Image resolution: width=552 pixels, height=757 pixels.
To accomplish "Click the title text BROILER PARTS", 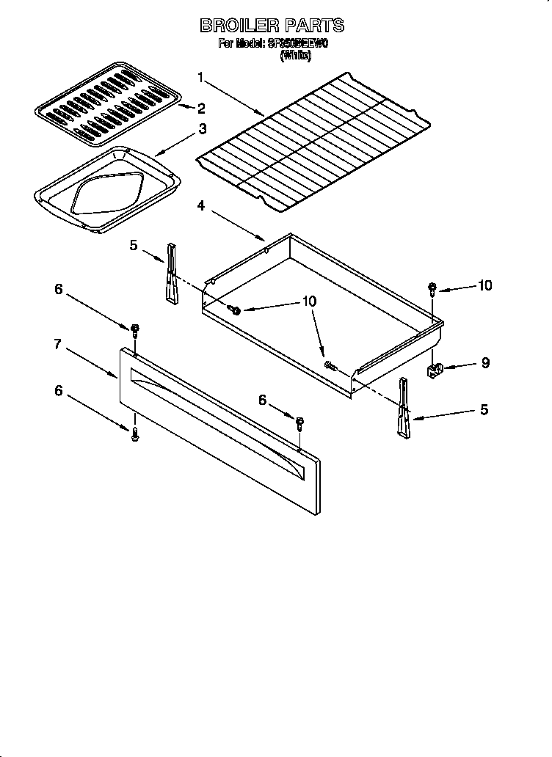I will (272, 26).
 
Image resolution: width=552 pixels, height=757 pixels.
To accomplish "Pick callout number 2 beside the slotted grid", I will (200, 109).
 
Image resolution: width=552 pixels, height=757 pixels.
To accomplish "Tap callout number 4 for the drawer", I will (201, 206).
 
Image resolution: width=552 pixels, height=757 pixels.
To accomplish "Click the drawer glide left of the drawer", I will (172, 273).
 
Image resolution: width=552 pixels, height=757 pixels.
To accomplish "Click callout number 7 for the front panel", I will (57, 344).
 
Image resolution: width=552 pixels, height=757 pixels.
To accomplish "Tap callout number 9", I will (485, 362).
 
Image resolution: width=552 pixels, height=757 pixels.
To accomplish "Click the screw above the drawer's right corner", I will (433, 288).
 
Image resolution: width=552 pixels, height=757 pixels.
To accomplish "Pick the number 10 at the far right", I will (484, 285).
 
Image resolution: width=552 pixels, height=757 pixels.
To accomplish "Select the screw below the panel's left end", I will (135, 435).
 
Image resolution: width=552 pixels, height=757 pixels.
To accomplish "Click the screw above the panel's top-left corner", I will (135, 329).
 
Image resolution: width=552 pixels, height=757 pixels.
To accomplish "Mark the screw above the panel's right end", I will (299, 423).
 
